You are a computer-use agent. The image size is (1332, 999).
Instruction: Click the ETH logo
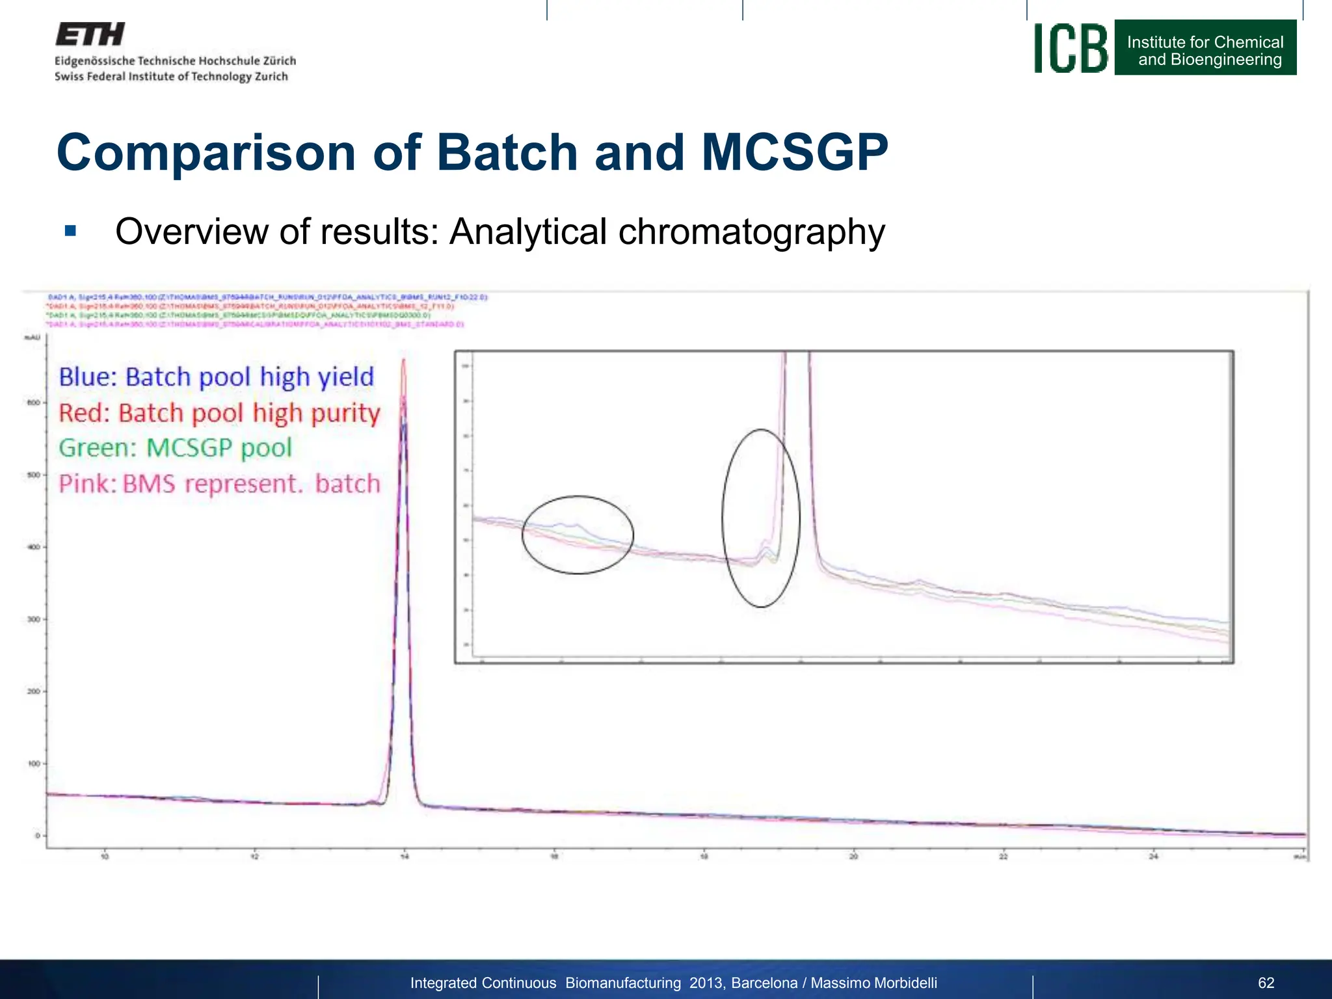point(90,34)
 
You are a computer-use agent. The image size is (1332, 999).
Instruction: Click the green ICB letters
point(1071,49)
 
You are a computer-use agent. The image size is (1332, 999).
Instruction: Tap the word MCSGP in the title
point(794,153)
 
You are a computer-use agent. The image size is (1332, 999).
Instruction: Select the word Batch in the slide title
point(507,153)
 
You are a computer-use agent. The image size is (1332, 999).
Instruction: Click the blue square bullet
point(71,231)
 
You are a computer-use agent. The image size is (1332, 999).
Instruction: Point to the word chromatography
point(751,232)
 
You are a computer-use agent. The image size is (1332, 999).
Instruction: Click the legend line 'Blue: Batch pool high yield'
point(216,377)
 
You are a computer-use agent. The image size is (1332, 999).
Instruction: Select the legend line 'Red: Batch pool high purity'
point(219,413)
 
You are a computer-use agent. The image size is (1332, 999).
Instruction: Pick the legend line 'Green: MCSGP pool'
point(175,448)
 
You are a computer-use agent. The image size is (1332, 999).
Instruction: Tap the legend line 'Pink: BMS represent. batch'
point(219,484)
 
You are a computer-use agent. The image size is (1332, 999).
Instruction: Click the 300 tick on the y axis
point(34,619)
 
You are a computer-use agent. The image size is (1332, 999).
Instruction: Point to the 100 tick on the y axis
point(34,764)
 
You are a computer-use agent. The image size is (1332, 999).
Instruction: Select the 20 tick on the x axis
point(853,857)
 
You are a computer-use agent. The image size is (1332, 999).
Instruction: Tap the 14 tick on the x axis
point(405,857)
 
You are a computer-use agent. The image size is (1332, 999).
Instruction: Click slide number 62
point(1266,983)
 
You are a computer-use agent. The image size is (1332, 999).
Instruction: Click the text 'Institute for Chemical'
point(1205,42)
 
